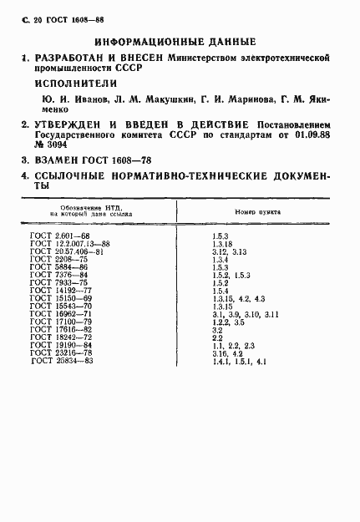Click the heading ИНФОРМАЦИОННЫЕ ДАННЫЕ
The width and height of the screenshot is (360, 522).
click(175, 41)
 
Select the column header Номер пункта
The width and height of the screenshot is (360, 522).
click(257, 213)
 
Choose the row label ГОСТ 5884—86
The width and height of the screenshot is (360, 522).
click(57, 266)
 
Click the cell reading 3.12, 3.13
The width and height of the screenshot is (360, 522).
click(229, 251)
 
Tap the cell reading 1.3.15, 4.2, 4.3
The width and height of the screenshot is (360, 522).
click(238, 297)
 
